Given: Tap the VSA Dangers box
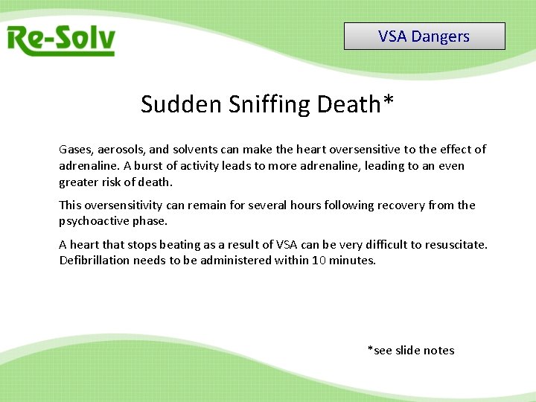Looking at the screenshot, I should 424,36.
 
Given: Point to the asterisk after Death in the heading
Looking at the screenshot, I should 387,100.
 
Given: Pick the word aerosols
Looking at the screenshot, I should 122,150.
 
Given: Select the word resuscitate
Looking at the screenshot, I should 454,244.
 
